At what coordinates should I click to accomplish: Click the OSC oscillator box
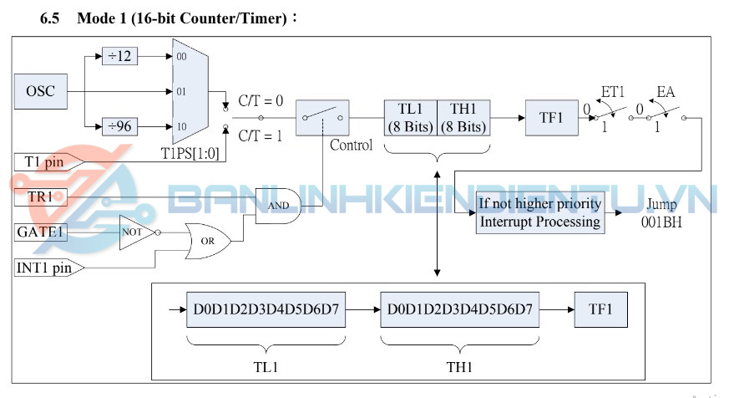click(40, 90)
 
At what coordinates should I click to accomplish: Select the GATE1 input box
click(40, 232)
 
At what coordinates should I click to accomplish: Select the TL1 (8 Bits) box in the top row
click(410, 118)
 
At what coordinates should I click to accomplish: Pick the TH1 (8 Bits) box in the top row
click(463, 118)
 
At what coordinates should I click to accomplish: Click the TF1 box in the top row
click(551, 118)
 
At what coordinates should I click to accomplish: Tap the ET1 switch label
click(613, 90)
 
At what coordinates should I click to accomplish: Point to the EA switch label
click(666, 90)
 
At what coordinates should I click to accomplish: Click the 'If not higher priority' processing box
click(539, 212)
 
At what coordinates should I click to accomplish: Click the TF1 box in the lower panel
click(600, 309)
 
